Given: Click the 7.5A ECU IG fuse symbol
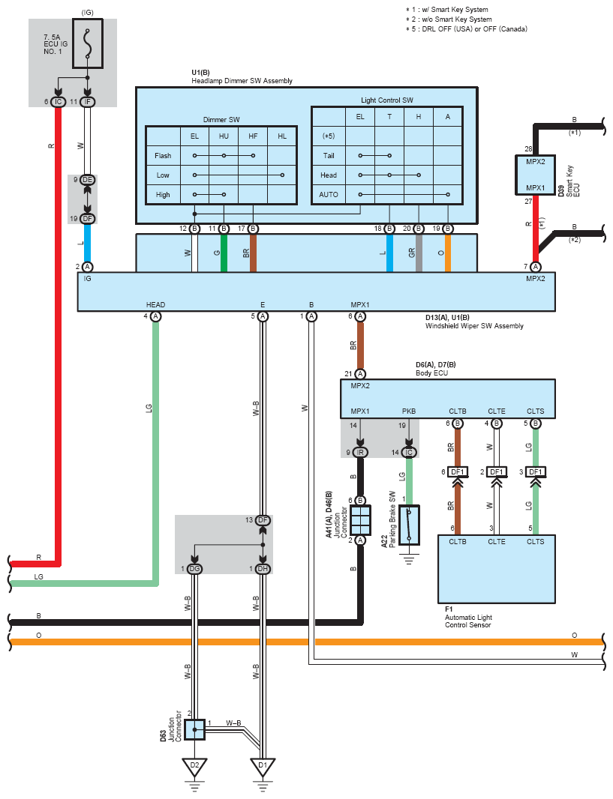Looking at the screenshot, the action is pos(88,43).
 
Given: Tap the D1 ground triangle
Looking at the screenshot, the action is pos(263,766).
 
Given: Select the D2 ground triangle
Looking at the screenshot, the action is pos(194,766).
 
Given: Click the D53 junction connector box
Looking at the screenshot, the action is pos(194,730).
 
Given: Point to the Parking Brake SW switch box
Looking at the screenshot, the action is pos(409,525).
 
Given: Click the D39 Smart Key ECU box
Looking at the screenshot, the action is pos(535,175).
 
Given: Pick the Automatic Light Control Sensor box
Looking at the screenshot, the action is pos(496,569).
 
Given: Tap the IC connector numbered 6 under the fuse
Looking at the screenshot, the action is pos(58,102).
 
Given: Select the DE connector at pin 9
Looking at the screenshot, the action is pos(88,180).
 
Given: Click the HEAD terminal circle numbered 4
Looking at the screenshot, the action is pos(155,316).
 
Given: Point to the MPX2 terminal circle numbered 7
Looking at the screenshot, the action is pos(535,267).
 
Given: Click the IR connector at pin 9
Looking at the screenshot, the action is pos(360,453).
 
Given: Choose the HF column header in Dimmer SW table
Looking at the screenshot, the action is pos(253,136).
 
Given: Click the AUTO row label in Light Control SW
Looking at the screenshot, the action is pos(329,195).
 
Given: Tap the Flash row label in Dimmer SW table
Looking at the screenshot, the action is pos(163,156).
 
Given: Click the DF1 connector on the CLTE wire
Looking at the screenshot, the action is pos(496,472).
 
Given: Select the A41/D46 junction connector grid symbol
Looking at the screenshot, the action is pos(360,520).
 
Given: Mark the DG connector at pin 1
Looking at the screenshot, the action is pos(194,569).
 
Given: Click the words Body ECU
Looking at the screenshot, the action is pos(431,373).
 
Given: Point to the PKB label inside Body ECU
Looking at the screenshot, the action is pos(408,411).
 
